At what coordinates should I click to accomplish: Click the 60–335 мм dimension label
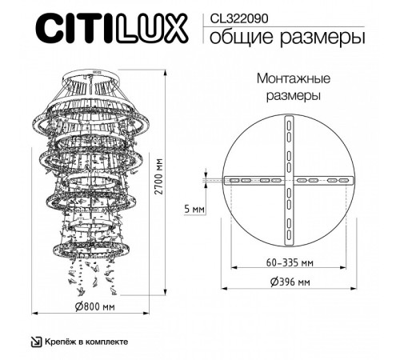[x=288, y=262]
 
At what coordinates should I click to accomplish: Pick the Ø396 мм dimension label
[x=288, y=282]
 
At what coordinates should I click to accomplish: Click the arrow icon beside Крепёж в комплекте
[x=34, y=342]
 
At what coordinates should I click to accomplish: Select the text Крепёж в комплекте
[x=86, y=342]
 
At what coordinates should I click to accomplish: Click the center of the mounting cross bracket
[x=288, y=182]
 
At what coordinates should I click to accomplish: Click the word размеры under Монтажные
[x=289, y=96]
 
